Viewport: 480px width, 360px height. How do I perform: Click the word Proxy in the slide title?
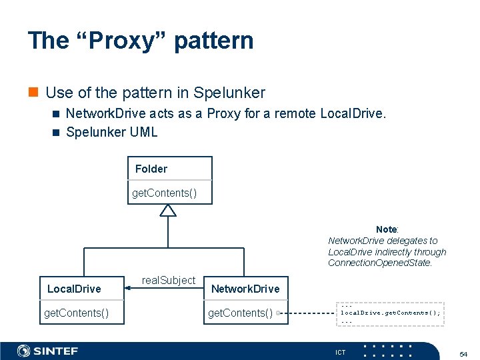[117, 41]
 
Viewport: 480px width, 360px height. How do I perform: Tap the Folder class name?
[151, 169]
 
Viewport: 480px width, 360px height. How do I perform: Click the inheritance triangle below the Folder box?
[168, 210]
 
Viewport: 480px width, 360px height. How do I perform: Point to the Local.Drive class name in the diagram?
[74, 289]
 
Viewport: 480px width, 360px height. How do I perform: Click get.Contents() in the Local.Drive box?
[76, 312]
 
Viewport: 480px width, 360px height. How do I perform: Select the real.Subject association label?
[169, 281]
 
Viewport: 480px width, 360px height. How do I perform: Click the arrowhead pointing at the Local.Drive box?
[129, 289]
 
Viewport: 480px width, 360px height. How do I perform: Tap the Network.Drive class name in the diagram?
[245, 289]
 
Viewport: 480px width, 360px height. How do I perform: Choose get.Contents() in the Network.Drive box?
[241, 313]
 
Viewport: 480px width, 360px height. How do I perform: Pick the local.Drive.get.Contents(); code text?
[391, 312]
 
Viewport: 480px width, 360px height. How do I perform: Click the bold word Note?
[386, 229]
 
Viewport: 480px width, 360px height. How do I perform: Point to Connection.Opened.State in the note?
[379, 263]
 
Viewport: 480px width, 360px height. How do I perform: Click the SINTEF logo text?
[56, 351]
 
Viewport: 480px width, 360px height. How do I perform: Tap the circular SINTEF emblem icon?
[24, 351]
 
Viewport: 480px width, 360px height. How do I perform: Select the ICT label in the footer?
[340, 352]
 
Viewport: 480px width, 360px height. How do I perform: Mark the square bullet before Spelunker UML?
[56, 132]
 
